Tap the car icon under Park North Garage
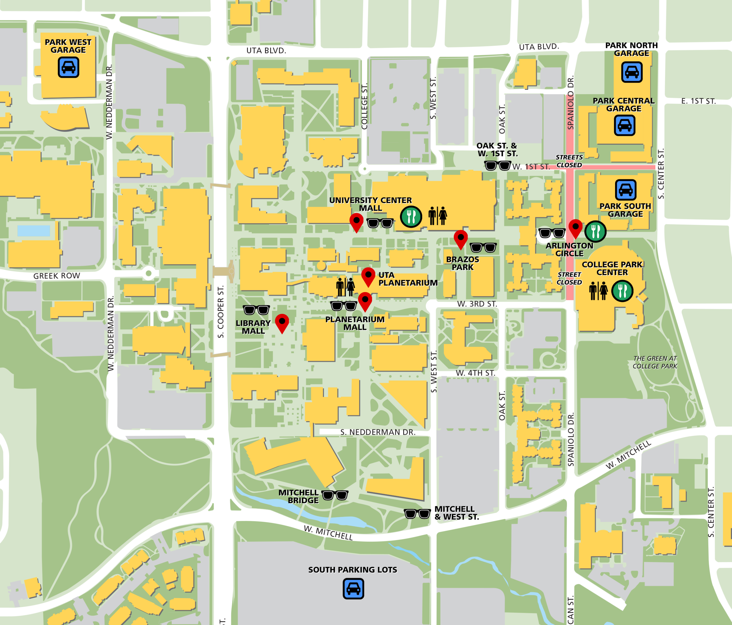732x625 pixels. tap(632, 72)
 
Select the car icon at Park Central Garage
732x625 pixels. tap(624, 126)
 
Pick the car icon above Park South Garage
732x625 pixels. tap(625, 190)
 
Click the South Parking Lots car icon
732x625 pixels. tap(353, 589)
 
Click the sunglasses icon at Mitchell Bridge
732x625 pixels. tap(335, 495)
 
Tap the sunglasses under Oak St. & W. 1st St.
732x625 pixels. tap(498, 165)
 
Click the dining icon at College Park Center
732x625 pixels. tap(622, 291)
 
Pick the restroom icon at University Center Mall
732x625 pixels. tap(437, 216)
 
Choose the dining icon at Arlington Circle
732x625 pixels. tap(595, 231)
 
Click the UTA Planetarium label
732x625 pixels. tap(408, 279)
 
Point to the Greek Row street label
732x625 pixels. tap(57, 276)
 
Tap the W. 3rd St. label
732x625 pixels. tap(477, 304)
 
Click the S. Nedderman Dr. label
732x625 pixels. tap(378, 432)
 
